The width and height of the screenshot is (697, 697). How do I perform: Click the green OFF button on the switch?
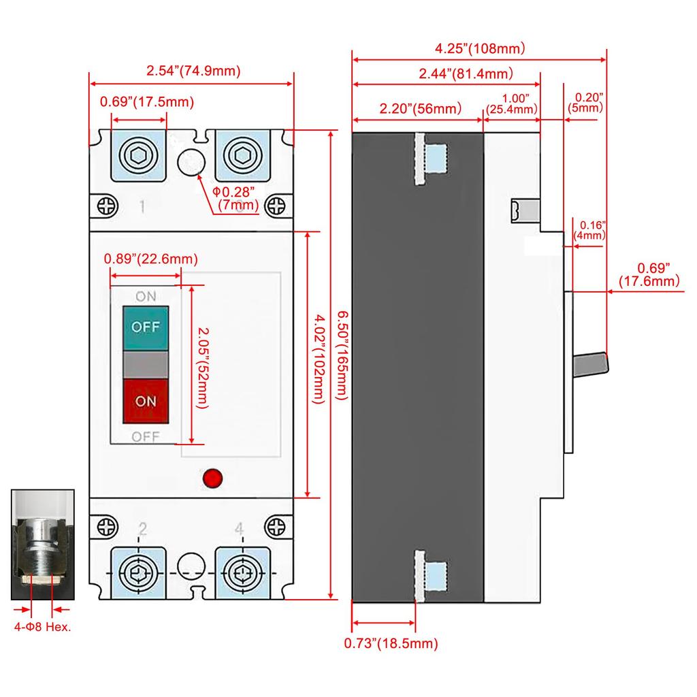145,326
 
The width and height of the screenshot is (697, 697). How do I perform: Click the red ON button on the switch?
145,401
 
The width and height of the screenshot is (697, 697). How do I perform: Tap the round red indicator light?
213,478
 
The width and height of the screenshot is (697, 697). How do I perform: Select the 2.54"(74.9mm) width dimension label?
193,70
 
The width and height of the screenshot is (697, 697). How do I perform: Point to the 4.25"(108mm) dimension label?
481,48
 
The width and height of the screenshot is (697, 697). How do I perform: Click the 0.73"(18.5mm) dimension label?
391,643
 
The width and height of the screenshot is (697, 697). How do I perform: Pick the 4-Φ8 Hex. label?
43,627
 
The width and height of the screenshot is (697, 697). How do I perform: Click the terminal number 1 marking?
142,206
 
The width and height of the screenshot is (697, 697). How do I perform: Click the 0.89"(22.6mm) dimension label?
150,259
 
